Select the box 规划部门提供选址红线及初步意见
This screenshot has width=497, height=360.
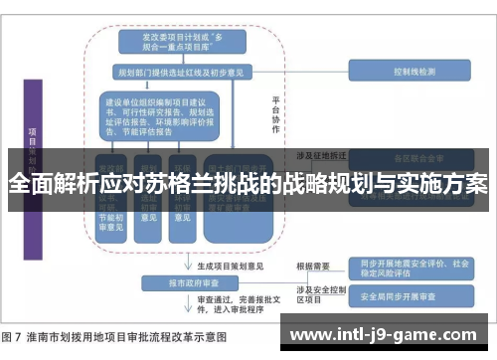tap(174, 72)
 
